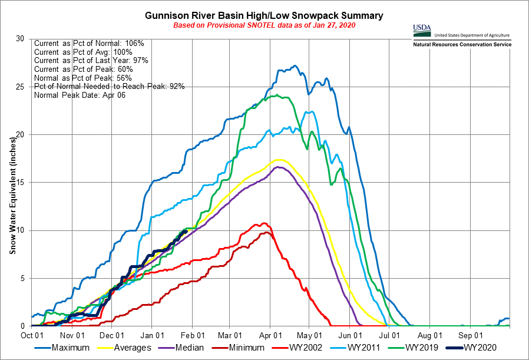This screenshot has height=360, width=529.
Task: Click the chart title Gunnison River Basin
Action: [264, 15]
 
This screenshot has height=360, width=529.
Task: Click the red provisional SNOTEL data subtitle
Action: [264, 25]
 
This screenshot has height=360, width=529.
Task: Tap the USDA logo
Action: [422, 29]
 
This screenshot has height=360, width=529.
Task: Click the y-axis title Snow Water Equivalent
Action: [12, 182]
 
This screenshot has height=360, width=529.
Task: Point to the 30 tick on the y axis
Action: [21, 39]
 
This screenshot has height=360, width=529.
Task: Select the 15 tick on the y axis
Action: [21, 183]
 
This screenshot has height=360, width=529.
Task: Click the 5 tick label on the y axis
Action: [23, 278]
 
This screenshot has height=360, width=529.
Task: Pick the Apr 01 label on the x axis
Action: [269, 333]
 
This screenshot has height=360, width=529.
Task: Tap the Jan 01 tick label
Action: [152, 333]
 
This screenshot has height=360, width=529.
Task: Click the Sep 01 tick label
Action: [470, 333]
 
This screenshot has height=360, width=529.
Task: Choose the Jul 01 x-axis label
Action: [389, 333]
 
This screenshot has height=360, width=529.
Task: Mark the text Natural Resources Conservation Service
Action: [462, 45]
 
